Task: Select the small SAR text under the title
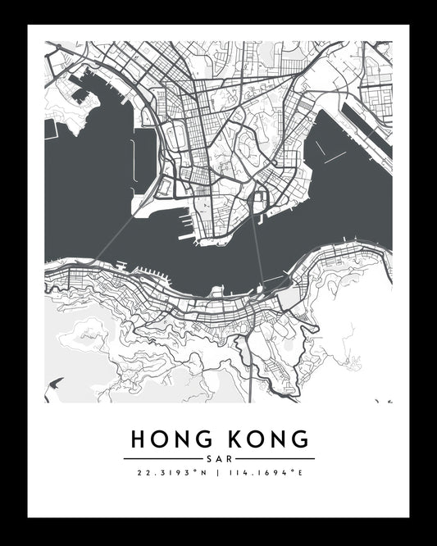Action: point(218,458)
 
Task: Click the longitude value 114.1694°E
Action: point(265,474)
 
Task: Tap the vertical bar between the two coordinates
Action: point(218,474)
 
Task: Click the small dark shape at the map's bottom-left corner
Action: point(56,383)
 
